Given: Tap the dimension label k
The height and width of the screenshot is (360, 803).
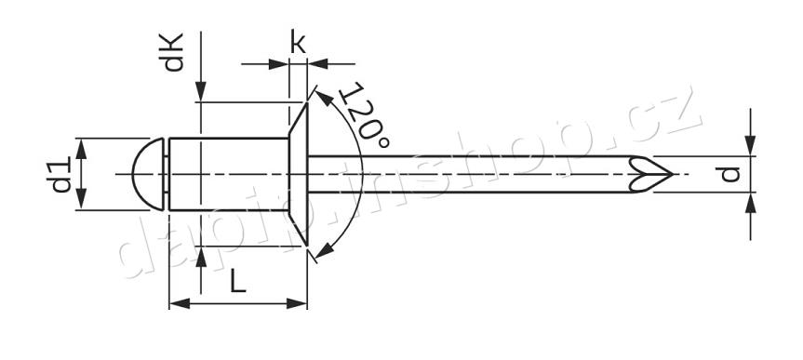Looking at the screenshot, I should point(298,42).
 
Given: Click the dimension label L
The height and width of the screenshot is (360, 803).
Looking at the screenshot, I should point(238,280).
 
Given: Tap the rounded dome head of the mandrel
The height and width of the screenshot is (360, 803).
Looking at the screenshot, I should point(148,174).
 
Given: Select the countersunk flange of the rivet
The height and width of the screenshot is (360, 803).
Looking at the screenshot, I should point(298,174).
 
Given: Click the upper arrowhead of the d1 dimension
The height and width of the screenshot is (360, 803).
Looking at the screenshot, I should point(83,147).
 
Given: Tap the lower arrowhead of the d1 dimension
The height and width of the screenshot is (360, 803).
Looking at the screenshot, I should point(83,202).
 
